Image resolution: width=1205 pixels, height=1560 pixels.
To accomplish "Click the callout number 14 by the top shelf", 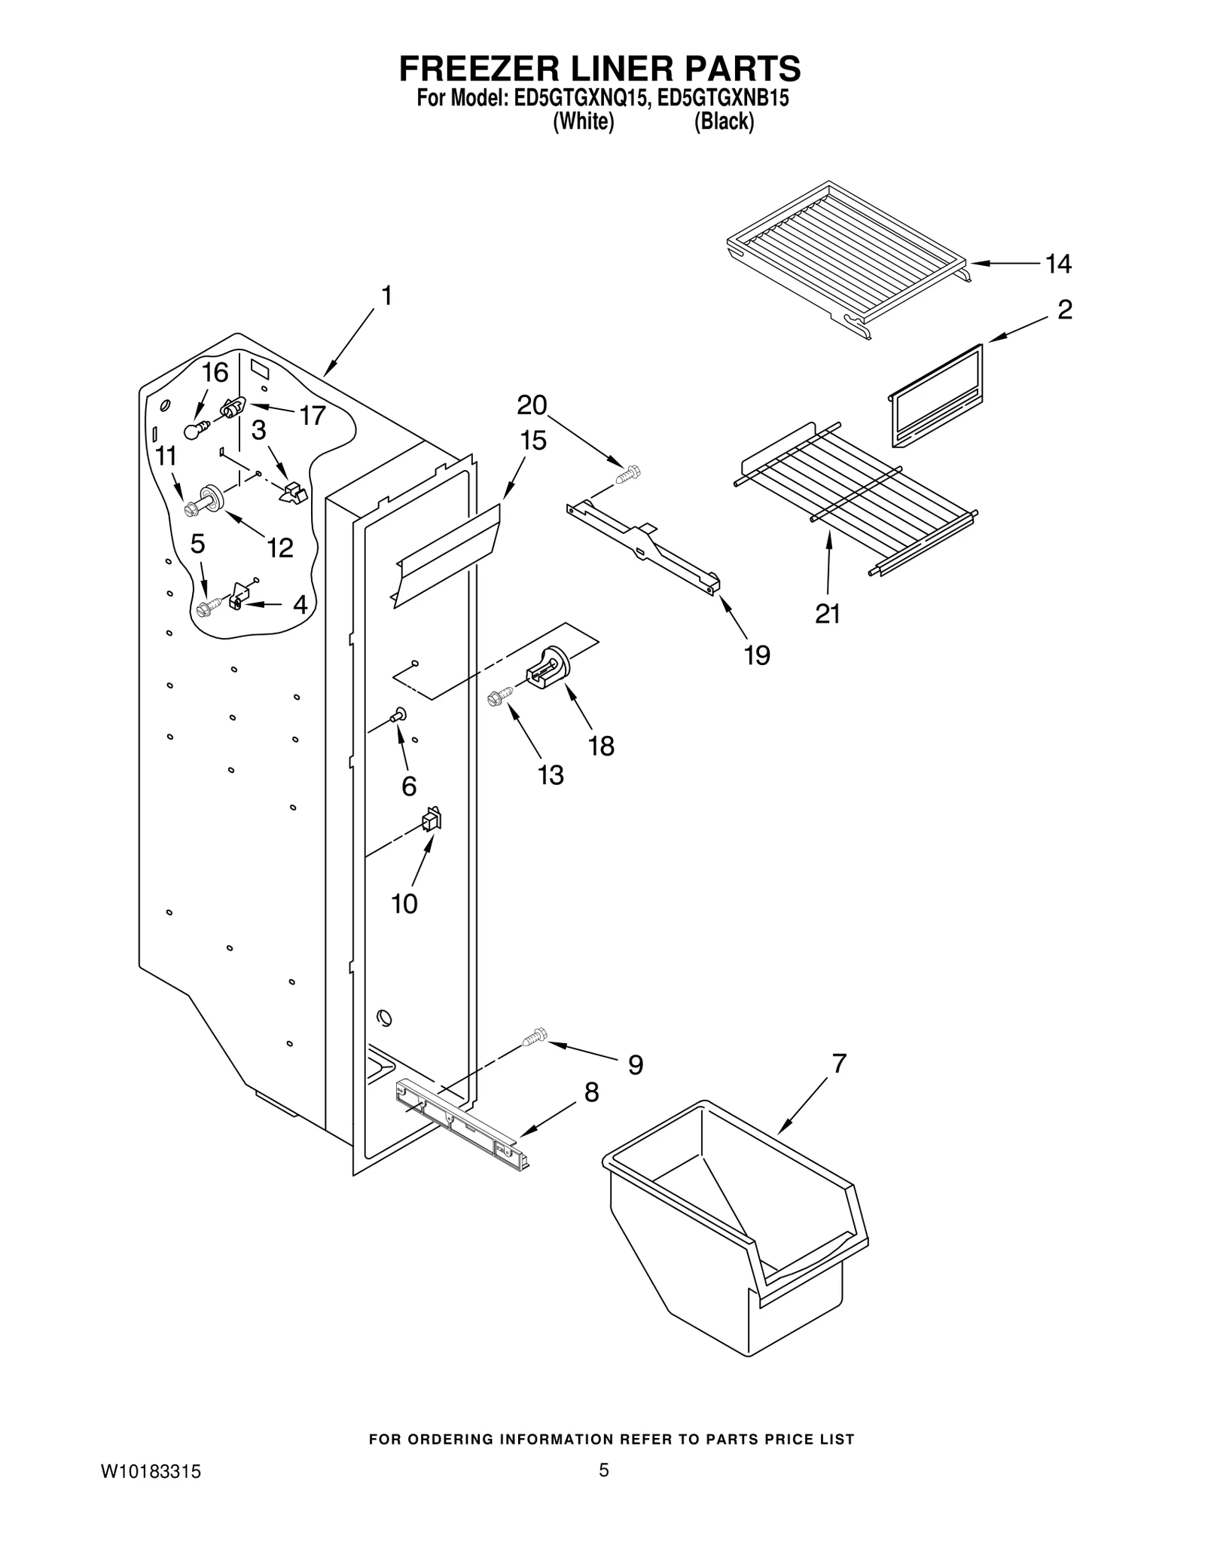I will click(x=1058, y=264).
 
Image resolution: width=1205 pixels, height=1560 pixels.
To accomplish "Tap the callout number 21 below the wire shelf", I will click(x=827, y=615).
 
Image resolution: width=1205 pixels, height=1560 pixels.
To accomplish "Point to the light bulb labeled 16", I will click(x=194, y=431).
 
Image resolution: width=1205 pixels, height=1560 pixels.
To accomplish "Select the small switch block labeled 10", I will click(x=432, y=820).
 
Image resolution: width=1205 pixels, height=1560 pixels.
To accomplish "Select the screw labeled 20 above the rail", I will click(x=627, y=475).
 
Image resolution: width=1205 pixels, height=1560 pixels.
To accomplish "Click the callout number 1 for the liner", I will click(x=386, y=297).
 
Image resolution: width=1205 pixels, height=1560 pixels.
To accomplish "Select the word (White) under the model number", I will click(x=583, y=121).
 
